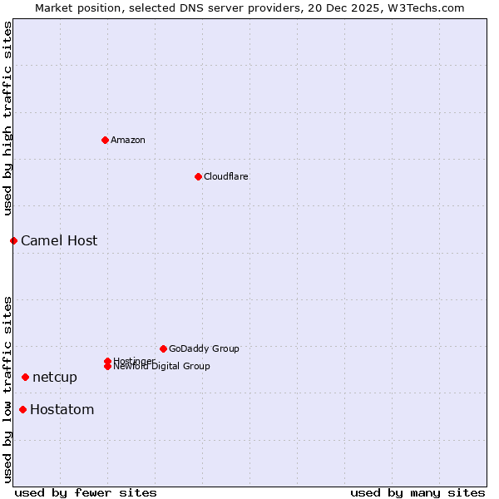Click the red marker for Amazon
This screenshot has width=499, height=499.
(105, 140)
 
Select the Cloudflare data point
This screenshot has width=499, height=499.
(198, 176)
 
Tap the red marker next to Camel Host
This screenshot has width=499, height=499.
(13, 240)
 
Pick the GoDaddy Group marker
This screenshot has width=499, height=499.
(163, 348)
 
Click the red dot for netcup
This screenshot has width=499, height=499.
(25, 377)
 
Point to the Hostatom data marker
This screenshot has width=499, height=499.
(22, 409)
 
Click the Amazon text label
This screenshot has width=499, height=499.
(128, 140)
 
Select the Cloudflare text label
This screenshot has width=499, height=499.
(225, 176)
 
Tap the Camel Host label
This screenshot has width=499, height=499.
(59, 241)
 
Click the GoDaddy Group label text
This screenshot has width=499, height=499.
(204, 348)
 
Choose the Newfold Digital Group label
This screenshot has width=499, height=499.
(161, 367)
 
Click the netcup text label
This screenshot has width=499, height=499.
(55, 378)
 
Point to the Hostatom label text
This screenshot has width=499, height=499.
(62, 410)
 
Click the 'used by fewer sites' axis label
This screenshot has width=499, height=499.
(86, 492)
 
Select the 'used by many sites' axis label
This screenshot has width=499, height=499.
(417, 492)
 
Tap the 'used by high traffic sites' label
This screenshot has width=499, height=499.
(7, 119)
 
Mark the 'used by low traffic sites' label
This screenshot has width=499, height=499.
(7, 389)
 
